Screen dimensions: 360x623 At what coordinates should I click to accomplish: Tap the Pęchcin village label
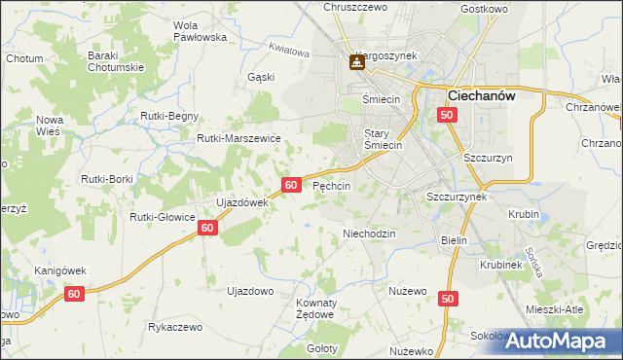(x=331, y=185)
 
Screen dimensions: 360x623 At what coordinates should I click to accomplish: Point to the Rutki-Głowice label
(x=164, y=217)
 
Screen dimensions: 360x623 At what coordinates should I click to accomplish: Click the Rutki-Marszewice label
(x=238, y=139)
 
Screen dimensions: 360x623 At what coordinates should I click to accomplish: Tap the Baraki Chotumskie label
(x=116, y=62)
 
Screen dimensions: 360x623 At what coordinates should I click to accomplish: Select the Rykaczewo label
(x=175, y=328)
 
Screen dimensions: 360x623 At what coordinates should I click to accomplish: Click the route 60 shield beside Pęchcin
(x=291, y=184)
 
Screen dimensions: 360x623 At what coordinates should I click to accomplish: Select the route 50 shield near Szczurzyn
(x=447, y=116)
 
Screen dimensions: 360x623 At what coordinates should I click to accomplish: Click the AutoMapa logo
(x=565, y=340)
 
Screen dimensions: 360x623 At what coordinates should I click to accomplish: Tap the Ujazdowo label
(x=249, y=291)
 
